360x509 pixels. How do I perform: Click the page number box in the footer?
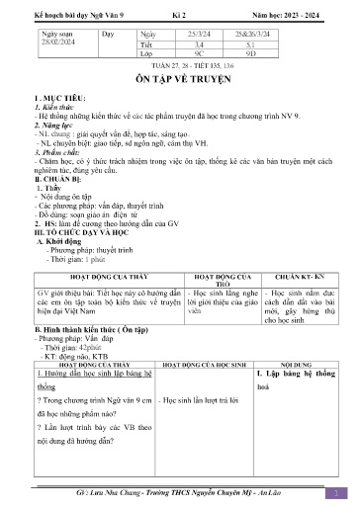(336, 492)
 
